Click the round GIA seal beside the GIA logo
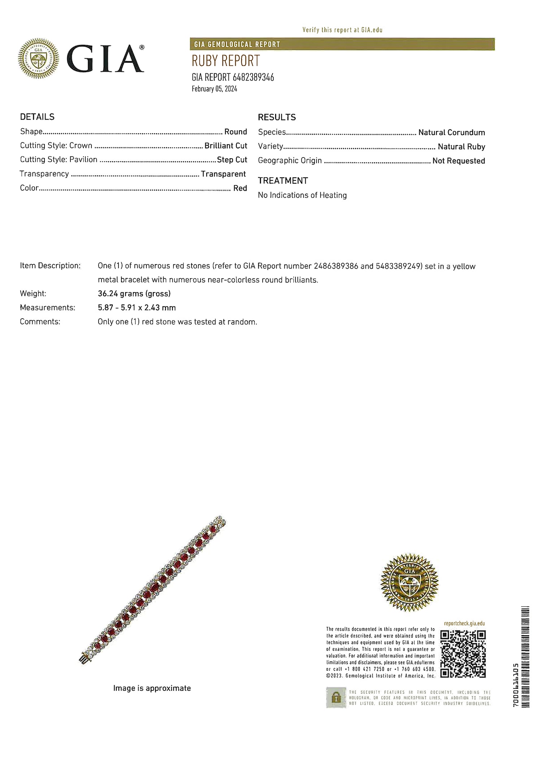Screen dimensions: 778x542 coord(38,58)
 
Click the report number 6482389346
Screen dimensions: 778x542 coord(253,77)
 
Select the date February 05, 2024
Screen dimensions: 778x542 coord(214,89)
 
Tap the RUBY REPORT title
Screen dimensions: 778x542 coord(225,61)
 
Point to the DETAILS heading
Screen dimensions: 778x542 coord(37,117)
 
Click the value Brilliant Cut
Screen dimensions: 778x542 coord(225,146)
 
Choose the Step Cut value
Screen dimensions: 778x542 coord(232,160)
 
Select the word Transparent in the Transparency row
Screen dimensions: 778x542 coord(223,174)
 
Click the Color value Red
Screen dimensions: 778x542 coord(240,188)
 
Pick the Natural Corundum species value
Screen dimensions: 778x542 coord(451,133)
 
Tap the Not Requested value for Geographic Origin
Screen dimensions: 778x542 coord(459,161)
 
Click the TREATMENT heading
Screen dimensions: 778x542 coord(283,181)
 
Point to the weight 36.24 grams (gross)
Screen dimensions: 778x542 coord(134,294)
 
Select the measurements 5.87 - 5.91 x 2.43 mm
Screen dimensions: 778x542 coord(137,308)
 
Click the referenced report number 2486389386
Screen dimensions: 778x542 coord(336,266)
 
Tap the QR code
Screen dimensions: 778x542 coord(463,654)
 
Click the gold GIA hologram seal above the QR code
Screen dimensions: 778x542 coord(409,582)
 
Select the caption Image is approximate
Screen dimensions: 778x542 coord(152,688)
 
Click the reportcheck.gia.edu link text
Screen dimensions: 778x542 coord(464,623)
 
